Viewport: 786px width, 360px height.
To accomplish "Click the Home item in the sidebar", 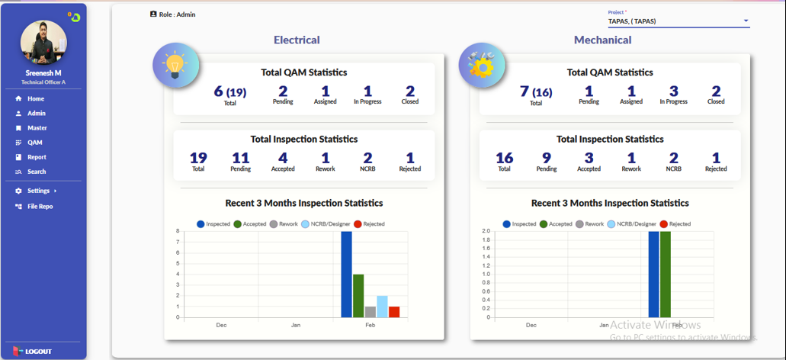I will [x=35, y=99].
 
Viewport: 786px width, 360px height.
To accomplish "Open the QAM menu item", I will [x=34, y=143].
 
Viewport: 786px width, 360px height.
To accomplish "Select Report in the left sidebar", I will [x=37, y=157].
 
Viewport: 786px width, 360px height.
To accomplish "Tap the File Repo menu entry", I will [x=40, y=207].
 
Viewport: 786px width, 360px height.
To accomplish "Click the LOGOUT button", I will [x=37, y=351].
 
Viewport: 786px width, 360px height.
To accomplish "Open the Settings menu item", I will [x=38, y=191].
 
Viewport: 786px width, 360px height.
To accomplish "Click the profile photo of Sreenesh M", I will [x=43, y=43].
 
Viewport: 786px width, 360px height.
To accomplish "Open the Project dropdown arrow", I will [x=746, y=21].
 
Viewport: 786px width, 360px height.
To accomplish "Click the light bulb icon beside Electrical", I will [x=176, y=66].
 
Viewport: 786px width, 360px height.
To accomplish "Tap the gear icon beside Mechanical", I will [x=482, y=66].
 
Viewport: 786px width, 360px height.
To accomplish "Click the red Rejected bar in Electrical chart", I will [x=394, y=312].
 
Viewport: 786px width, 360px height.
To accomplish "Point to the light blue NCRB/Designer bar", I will [x=382, y=306].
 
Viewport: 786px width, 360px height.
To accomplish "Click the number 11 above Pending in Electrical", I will [x=240, y=158].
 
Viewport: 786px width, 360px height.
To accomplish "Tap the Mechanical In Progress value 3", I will [x=673, y=92].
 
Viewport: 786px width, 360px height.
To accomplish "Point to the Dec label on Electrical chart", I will [x=221, y=325].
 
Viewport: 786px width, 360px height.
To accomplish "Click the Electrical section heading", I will [x=297, y=40].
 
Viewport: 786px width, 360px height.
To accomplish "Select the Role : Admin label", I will [x=177, y=14].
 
